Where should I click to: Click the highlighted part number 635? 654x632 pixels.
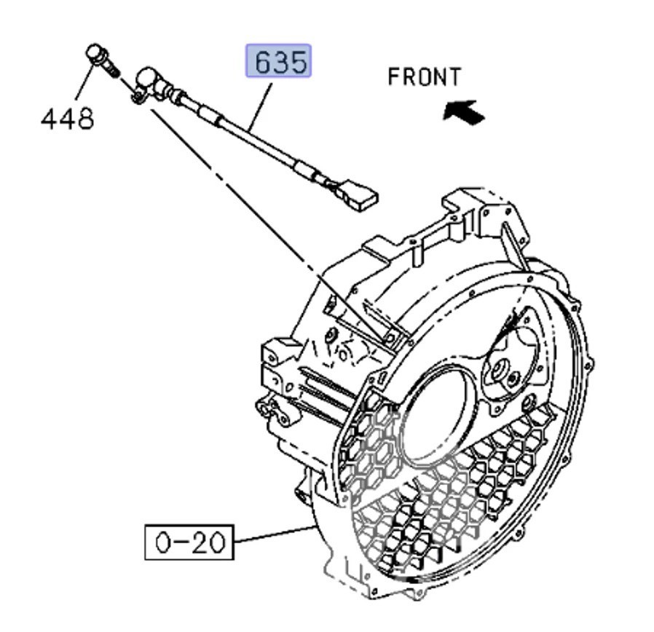[278, 61]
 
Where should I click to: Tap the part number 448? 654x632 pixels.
[67, 119]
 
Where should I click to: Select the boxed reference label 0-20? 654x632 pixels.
[189, 542]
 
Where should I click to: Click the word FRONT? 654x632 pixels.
[424, 76]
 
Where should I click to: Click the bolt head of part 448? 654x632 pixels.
[95, 54]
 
